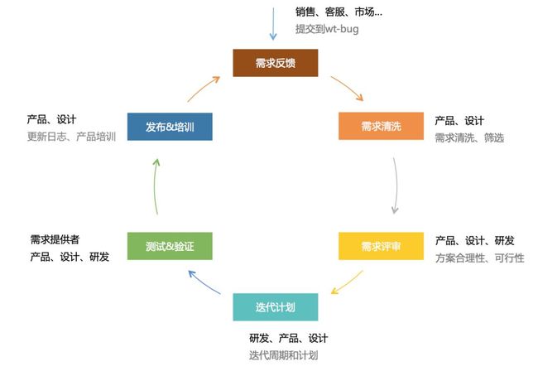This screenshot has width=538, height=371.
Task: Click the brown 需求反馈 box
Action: (276, 63)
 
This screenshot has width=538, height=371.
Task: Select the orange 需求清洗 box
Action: (382, 126)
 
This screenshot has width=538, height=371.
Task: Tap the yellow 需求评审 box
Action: (382, 246)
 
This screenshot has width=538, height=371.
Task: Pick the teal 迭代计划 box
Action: (276, 307)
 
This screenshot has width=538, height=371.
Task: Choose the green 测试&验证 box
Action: (170, 246)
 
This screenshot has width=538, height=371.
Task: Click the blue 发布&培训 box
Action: (170, 127)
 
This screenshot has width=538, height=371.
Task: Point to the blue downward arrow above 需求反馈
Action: (273, 24)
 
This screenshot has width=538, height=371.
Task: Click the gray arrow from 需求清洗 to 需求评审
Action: (396, 185)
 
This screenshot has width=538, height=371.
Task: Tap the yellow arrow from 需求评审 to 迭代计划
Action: (348, 283)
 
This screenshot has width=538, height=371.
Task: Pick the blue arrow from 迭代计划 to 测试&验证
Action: (204, 282)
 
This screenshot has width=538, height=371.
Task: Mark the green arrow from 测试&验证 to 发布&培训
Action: (155, 186)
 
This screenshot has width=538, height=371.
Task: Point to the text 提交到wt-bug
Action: (327, 29)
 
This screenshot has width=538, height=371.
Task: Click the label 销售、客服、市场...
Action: (335, 12)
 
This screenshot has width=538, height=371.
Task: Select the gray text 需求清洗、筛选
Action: (469, 137)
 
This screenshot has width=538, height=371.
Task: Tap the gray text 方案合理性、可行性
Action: (480, 258)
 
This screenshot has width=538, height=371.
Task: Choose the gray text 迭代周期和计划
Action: (283, 355)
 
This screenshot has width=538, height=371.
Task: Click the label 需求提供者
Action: (55, 239)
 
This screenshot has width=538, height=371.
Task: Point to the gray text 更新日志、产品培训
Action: (71, 137)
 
